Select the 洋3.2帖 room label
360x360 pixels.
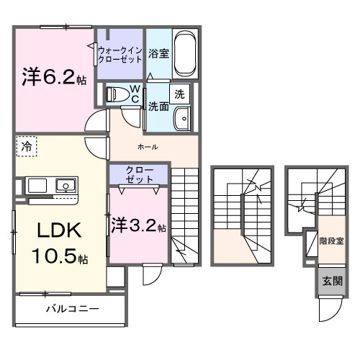138,225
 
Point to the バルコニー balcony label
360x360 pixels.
72,310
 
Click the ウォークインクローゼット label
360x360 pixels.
120,54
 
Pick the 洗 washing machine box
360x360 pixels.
179,93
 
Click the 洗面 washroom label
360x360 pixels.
158,106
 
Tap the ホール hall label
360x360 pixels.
148,147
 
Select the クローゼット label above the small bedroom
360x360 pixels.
139,174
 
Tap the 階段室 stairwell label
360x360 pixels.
330,242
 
